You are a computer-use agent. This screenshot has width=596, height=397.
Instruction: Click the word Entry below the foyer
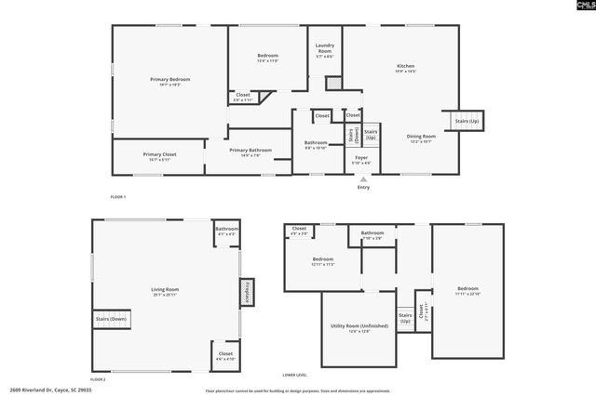click(x=363, y=188)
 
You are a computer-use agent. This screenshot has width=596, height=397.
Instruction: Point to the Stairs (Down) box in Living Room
click(x=111, y=319)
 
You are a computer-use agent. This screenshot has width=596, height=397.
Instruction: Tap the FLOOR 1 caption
click(x=118, y=197)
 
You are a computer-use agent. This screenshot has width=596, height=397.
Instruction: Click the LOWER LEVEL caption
click(x=295, y=374)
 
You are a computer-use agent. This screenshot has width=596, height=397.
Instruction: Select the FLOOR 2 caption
click(x=98, y=379)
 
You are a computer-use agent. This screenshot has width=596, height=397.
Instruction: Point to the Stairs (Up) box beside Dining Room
click(x=467, y=122)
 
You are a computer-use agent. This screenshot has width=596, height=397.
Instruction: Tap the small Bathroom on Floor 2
click(x=226, y=232)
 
